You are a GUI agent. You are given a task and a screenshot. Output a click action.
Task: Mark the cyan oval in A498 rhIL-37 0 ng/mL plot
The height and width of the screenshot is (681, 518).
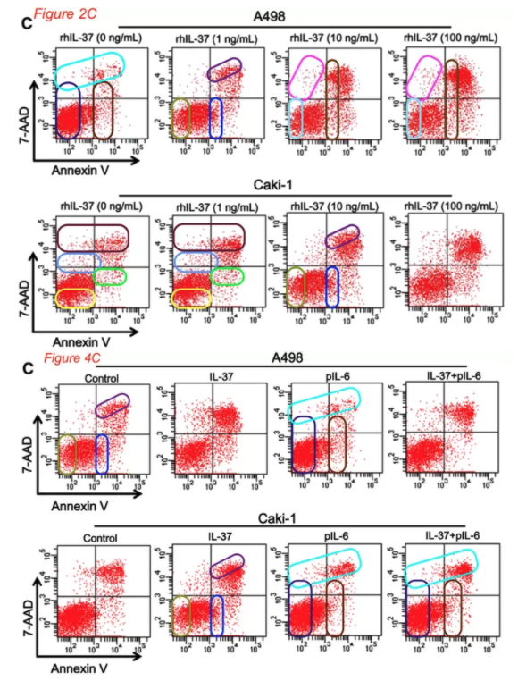[x=88, y=69]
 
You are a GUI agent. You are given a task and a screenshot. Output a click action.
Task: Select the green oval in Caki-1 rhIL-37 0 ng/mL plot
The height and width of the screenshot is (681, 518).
[x=110, y=276]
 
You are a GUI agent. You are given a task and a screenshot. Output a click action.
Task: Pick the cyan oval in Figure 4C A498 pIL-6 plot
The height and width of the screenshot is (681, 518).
[x=326, y=401]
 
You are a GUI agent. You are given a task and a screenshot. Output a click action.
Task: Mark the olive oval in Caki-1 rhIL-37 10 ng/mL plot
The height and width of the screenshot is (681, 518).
[x=296, y=285]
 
